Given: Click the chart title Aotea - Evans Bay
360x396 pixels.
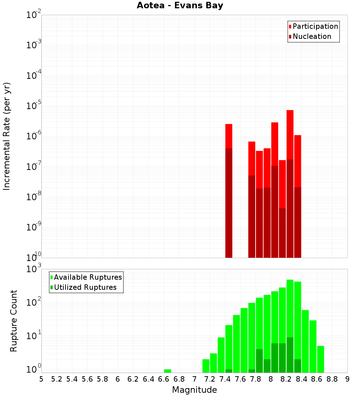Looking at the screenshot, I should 180,5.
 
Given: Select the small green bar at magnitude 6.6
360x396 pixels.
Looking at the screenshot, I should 167,371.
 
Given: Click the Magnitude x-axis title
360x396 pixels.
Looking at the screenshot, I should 194,390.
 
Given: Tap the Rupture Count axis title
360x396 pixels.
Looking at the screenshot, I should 14,321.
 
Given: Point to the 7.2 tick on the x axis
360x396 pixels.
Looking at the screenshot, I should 210,379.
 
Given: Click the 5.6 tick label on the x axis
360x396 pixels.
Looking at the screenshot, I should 87,379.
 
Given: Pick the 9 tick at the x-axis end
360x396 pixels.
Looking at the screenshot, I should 347,379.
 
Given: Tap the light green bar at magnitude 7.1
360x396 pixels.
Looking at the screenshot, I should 206,366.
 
